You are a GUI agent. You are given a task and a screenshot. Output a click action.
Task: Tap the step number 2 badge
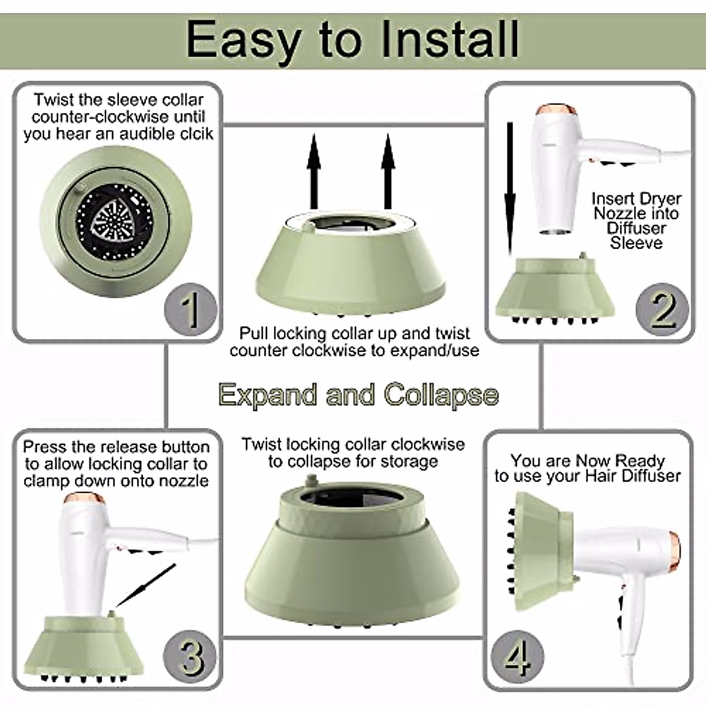click(x=662, y=309)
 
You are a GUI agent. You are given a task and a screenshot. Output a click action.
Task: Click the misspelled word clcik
click(x=195, y=134)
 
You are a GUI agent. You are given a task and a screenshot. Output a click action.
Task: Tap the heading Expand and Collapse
click(x=358, y=395)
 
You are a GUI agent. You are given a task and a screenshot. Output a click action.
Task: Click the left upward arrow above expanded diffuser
click(x=314, y=171)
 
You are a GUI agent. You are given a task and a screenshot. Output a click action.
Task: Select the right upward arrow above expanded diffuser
click(x=388, y=171)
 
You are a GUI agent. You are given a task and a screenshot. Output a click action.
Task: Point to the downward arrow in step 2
click(x=510, y=188)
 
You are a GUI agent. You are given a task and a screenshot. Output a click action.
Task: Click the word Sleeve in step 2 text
click(x=635, y=243)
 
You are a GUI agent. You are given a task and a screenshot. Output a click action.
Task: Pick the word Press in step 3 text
click(x=45, y=447)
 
